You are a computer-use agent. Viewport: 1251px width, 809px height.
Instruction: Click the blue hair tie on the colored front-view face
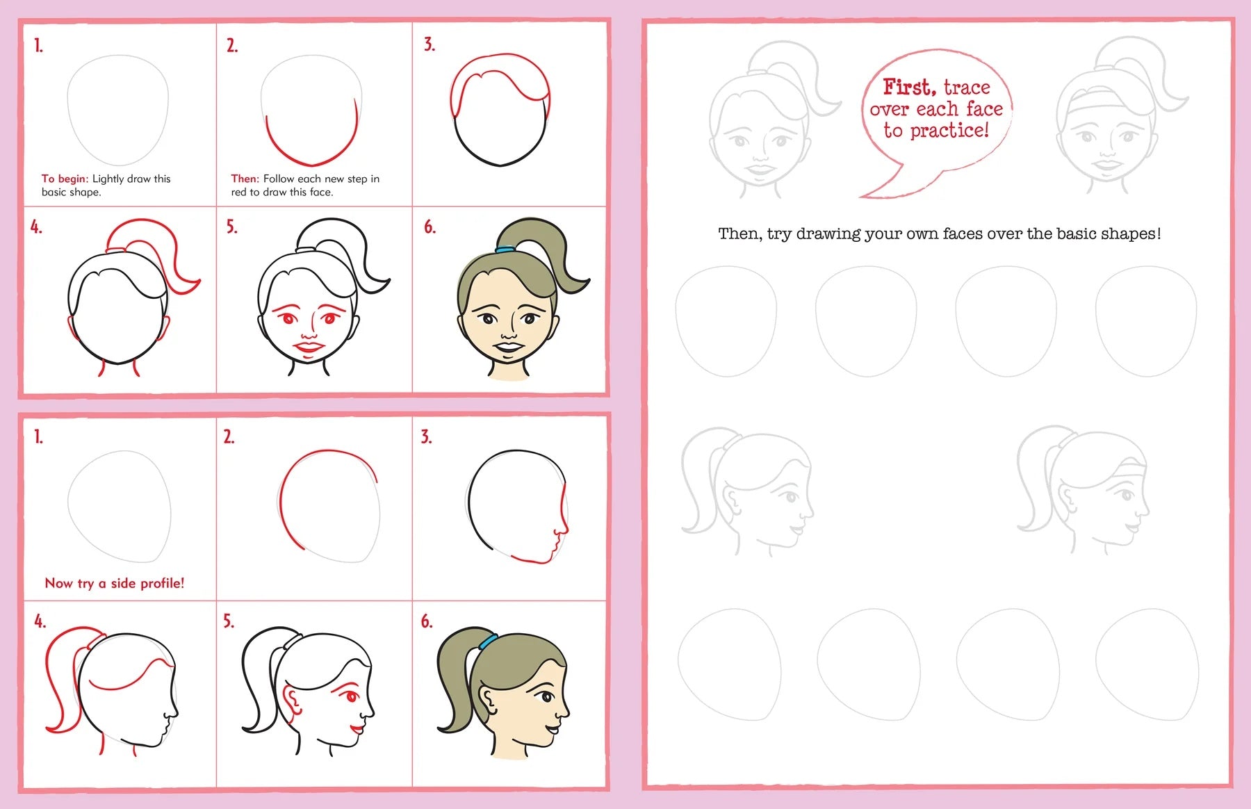[x=505, y=249]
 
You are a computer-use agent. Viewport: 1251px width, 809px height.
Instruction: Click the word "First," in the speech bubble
[x=909, y=88]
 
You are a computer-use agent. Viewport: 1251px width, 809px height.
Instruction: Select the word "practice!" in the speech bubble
[x=949, y=131]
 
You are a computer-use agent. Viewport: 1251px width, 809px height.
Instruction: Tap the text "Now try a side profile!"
[x=115, y=583]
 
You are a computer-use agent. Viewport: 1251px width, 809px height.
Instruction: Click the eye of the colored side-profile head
[x=547, y=696]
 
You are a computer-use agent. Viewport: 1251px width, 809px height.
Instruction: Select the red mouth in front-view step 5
[x=306, y=345]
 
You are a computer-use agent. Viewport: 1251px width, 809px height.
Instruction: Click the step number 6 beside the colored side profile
[x=426, y=621]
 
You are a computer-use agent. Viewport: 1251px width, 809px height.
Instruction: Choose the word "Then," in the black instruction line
[x=741, y=234]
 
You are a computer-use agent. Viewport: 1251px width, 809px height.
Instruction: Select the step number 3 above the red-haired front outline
[x=430, y=44]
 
